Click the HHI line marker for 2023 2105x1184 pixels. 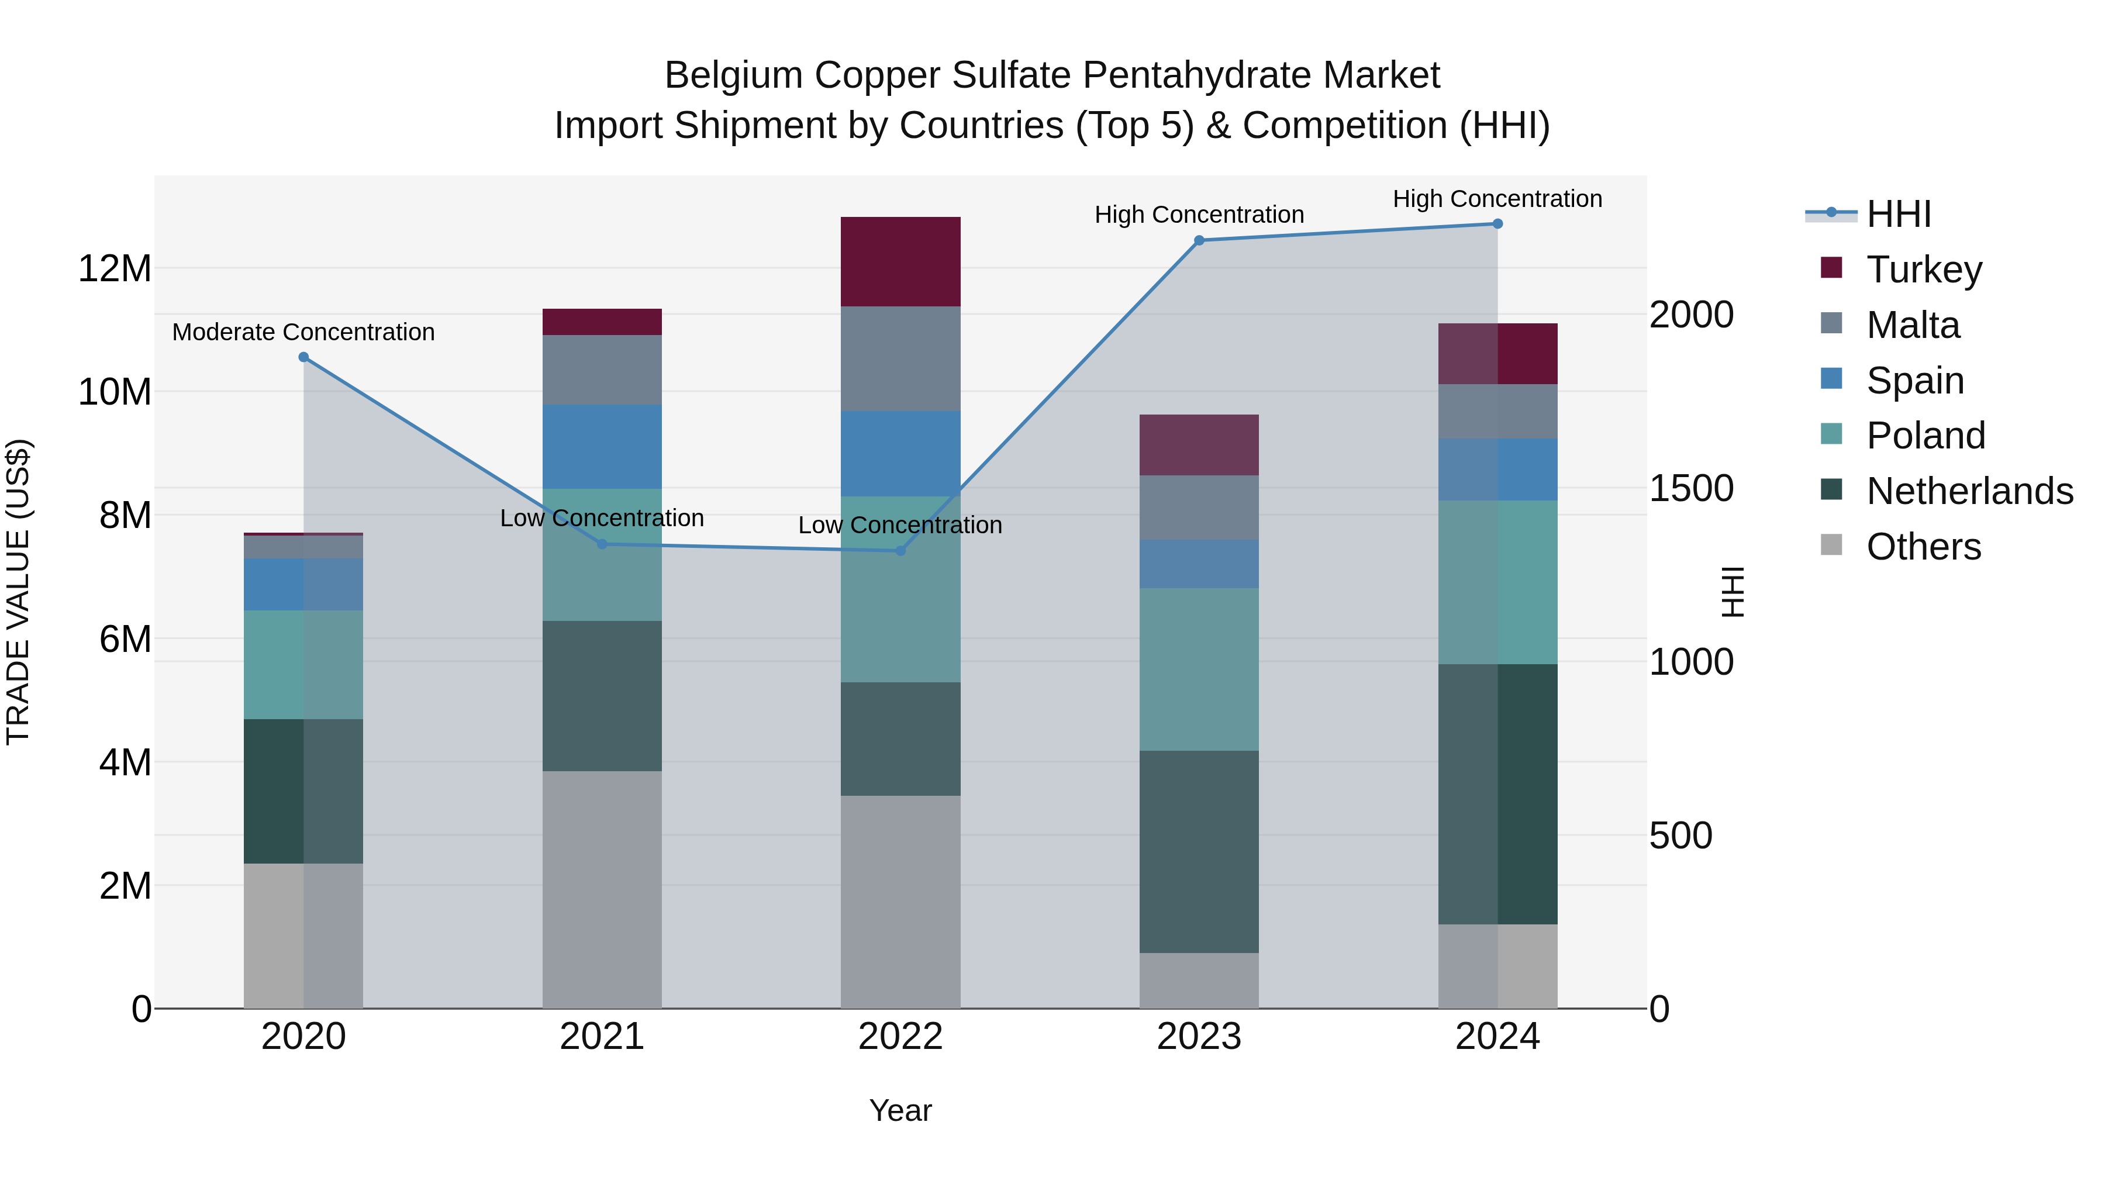1199,240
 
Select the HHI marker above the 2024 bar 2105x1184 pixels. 1497,224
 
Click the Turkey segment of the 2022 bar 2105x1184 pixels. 900,261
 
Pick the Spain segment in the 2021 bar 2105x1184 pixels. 602,446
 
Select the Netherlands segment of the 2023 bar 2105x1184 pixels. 1199,851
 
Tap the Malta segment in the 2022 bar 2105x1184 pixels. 900,359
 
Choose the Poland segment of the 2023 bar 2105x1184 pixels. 1199,669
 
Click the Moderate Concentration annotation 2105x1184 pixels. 303,333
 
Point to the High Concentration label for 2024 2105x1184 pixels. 1497,199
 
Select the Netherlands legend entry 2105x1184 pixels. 1969,491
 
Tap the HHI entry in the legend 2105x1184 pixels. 1898,214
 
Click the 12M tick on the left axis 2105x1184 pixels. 115,269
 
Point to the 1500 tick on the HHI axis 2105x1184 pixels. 1690,489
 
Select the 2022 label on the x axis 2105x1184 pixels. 900,1037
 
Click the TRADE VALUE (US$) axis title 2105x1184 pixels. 18,592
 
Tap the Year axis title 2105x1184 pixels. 900,1110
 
